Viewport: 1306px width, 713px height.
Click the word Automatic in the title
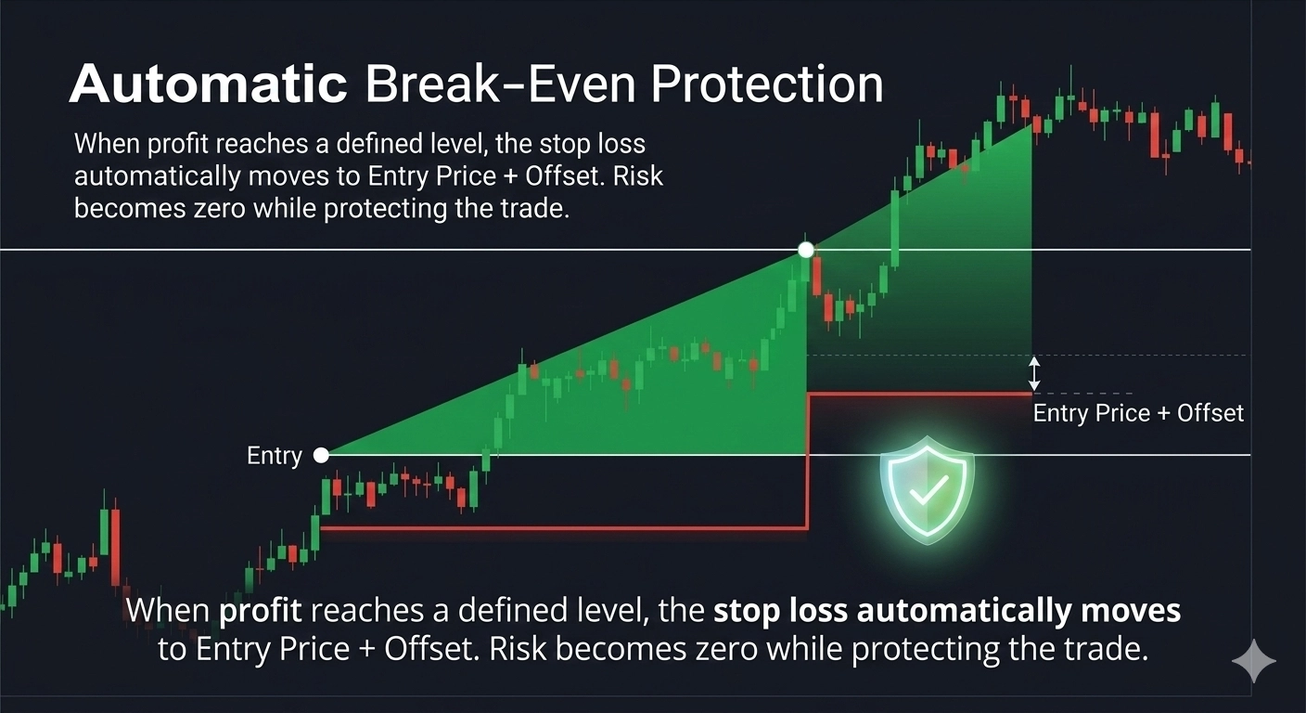coord(209,84)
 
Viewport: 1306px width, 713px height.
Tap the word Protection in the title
coord(767,84)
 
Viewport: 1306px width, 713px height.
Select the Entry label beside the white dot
coord(274,456)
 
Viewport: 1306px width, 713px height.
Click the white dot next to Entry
coord(321,455)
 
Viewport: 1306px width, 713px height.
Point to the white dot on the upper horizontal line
coord(806,250)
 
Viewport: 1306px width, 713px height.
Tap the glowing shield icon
coord(927,489)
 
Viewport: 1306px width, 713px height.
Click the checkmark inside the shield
coord(928,489)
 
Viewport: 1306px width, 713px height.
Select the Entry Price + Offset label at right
coord(1138,413)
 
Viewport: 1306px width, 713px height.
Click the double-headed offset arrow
coord(1033,374)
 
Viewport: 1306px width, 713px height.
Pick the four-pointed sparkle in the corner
coord(1253,661)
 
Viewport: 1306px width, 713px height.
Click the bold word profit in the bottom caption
coord(261,611)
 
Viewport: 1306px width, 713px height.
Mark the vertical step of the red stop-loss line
coord(808,461)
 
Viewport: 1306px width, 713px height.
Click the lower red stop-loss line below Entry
coord(564,529)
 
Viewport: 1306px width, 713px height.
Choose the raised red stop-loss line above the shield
coord(919,395)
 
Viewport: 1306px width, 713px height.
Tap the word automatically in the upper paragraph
coord(158,176)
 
